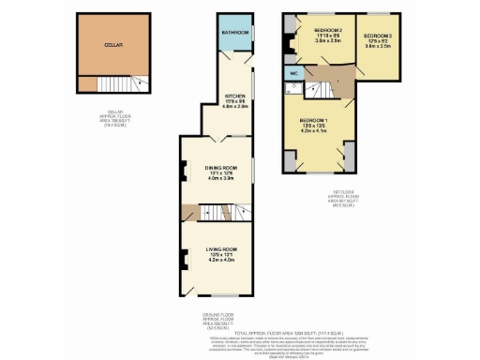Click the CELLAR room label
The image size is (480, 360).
112,44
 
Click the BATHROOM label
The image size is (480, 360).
234,33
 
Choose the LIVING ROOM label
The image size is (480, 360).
218,248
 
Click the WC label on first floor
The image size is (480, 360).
293,71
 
